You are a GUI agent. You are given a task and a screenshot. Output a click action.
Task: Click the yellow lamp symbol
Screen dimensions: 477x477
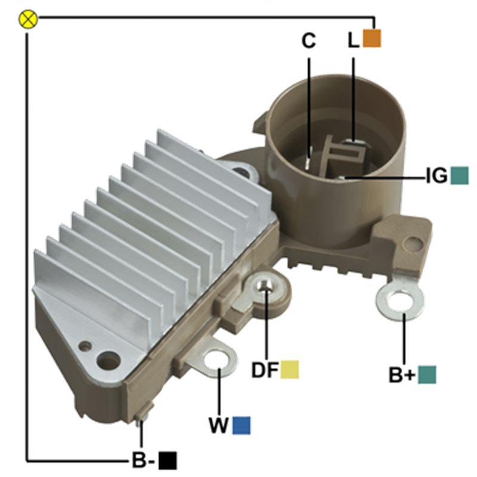click(28, 20)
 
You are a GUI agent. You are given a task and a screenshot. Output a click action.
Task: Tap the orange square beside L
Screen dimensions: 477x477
click(371, 38)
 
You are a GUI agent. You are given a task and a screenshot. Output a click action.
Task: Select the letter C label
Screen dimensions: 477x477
click(308, 41)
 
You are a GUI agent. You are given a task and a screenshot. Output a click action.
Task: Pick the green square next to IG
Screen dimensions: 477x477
click(459, 175)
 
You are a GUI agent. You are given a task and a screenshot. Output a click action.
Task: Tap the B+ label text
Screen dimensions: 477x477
click(402, 375)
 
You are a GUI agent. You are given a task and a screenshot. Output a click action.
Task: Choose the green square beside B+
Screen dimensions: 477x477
click(427, 375)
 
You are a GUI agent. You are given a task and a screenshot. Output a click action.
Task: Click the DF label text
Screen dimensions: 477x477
click(265, 370)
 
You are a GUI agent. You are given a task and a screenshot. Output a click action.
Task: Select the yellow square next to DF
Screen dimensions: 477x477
click(290, 370)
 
